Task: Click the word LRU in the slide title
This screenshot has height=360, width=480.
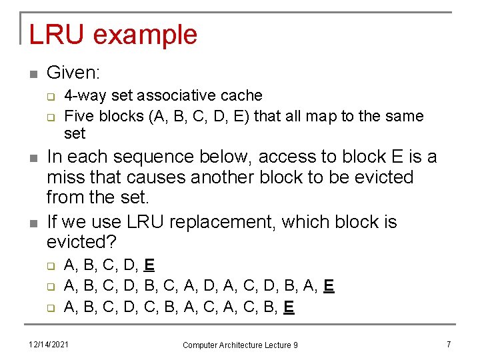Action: pyautogui.click(x=53, y=35)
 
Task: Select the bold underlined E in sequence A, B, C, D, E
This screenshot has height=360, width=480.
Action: pyautogui.click(x=149, y=265)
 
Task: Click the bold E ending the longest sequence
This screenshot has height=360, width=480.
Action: pyautogui.click(x=328, y=287)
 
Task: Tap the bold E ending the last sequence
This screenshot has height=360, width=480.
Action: pyautogui.click(x=289, y=307)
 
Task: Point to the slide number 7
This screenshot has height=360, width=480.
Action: pyautogui.click(x=449, y=344)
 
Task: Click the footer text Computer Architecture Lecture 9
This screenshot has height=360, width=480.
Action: pyautogui.click(x=240, y=345)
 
